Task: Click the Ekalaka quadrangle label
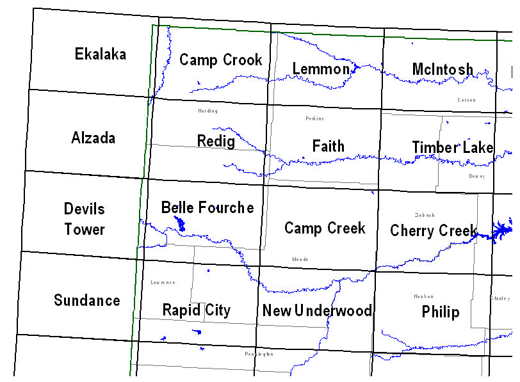point(101,54)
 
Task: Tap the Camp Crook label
point(221,60)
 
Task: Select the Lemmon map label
point(321,69)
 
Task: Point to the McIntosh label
point(443,69)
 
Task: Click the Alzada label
point(93,138)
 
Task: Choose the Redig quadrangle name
point(216,141)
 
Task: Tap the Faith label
point(329,146)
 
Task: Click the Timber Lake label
point(452,148)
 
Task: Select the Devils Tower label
point(85,219)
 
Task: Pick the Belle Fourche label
point(207,207)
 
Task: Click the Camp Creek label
point(325,228)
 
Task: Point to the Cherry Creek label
point(434,230)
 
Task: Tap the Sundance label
point(87,300)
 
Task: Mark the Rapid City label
point(196,310)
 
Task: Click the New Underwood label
point(317,311)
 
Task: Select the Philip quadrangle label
point(441,312)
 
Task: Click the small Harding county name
point(207,111)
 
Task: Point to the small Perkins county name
point(315,118)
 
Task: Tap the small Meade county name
point(300,259)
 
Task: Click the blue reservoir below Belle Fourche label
point(180,224)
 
